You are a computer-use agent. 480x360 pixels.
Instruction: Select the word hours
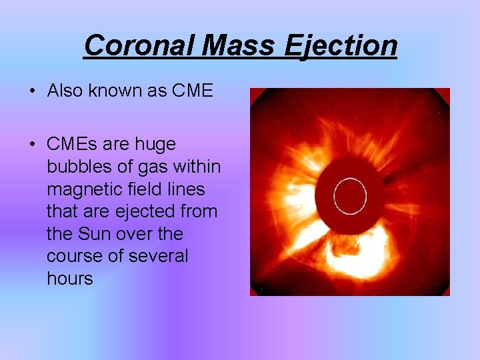(70, 279)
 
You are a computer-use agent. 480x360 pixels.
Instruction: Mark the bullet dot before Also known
(32, 91)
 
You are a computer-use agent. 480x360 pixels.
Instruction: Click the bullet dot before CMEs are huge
(32, 145)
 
